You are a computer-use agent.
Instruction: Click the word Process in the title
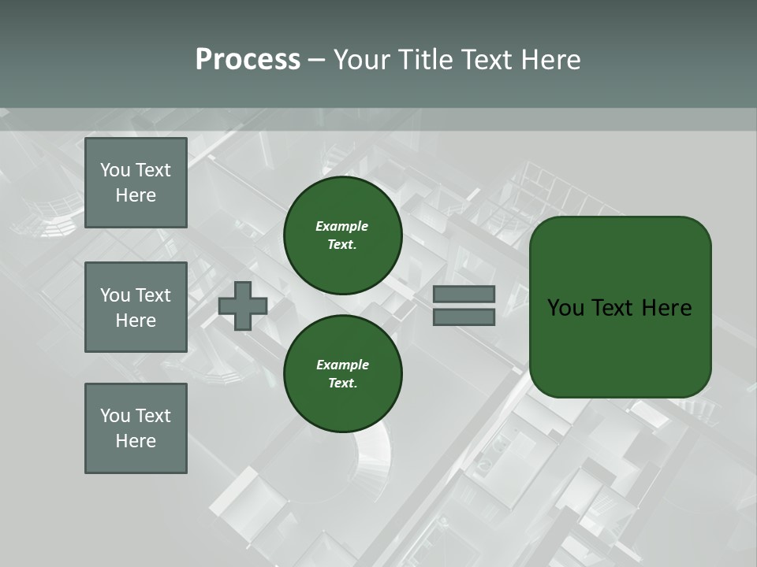(x=248, y=60)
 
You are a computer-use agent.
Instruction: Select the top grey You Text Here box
(x=136, y=183)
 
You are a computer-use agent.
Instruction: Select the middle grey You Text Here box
(x=136, y=307)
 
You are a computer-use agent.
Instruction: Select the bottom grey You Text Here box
(x=136, y=428)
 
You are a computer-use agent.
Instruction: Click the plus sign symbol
(x=243, y=306)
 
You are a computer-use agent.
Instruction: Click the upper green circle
(x=342, y=235)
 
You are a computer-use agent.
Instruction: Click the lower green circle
(x=342, y=374)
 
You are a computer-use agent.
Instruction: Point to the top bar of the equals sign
(x=464, y=295)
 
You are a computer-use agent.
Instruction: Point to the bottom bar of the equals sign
(x=464, y=317)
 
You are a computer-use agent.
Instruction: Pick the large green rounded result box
(x=620, y=307)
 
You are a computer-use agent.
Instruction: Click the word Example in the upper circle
(x=341, y=226)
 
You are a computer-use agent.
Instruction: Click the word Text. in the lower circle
(x=341, y=384)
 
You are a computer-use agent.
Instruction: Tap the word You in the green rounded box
(x=565, y=308)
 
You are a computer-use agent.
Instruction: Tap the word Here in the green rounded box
(x=666, y=308)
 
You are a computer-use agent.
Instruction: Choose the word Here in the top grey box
(x=136, y=195)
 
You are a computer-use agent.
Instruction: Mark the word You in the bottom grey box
(x=115, y=416)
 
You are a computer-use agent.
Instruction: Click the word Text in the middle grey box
(x=153, y=295)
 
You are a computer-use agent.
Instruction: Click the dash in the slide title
(x=316, y=60)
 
